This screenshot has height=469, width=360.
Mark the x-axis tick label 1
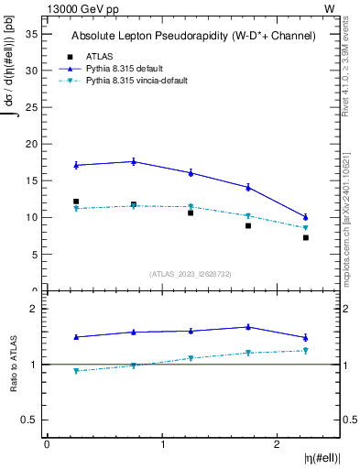point(162,444)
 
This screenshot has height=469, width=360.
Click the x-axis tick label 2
point(278,444)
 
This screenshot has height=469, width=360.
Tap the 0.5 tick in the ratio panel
point(29,420)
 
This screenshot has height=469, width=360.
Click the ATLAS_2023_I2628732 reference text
point(190,274)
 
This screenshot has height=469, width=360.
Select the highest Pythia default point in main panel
point(134,161)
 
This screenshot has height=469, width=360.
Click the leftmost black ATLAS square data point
point(76,202)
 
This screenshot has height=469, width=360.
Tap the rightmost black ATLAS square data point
point(306,237)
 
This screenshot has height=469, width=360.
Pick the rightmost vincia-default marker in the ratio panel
point(306,350)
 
